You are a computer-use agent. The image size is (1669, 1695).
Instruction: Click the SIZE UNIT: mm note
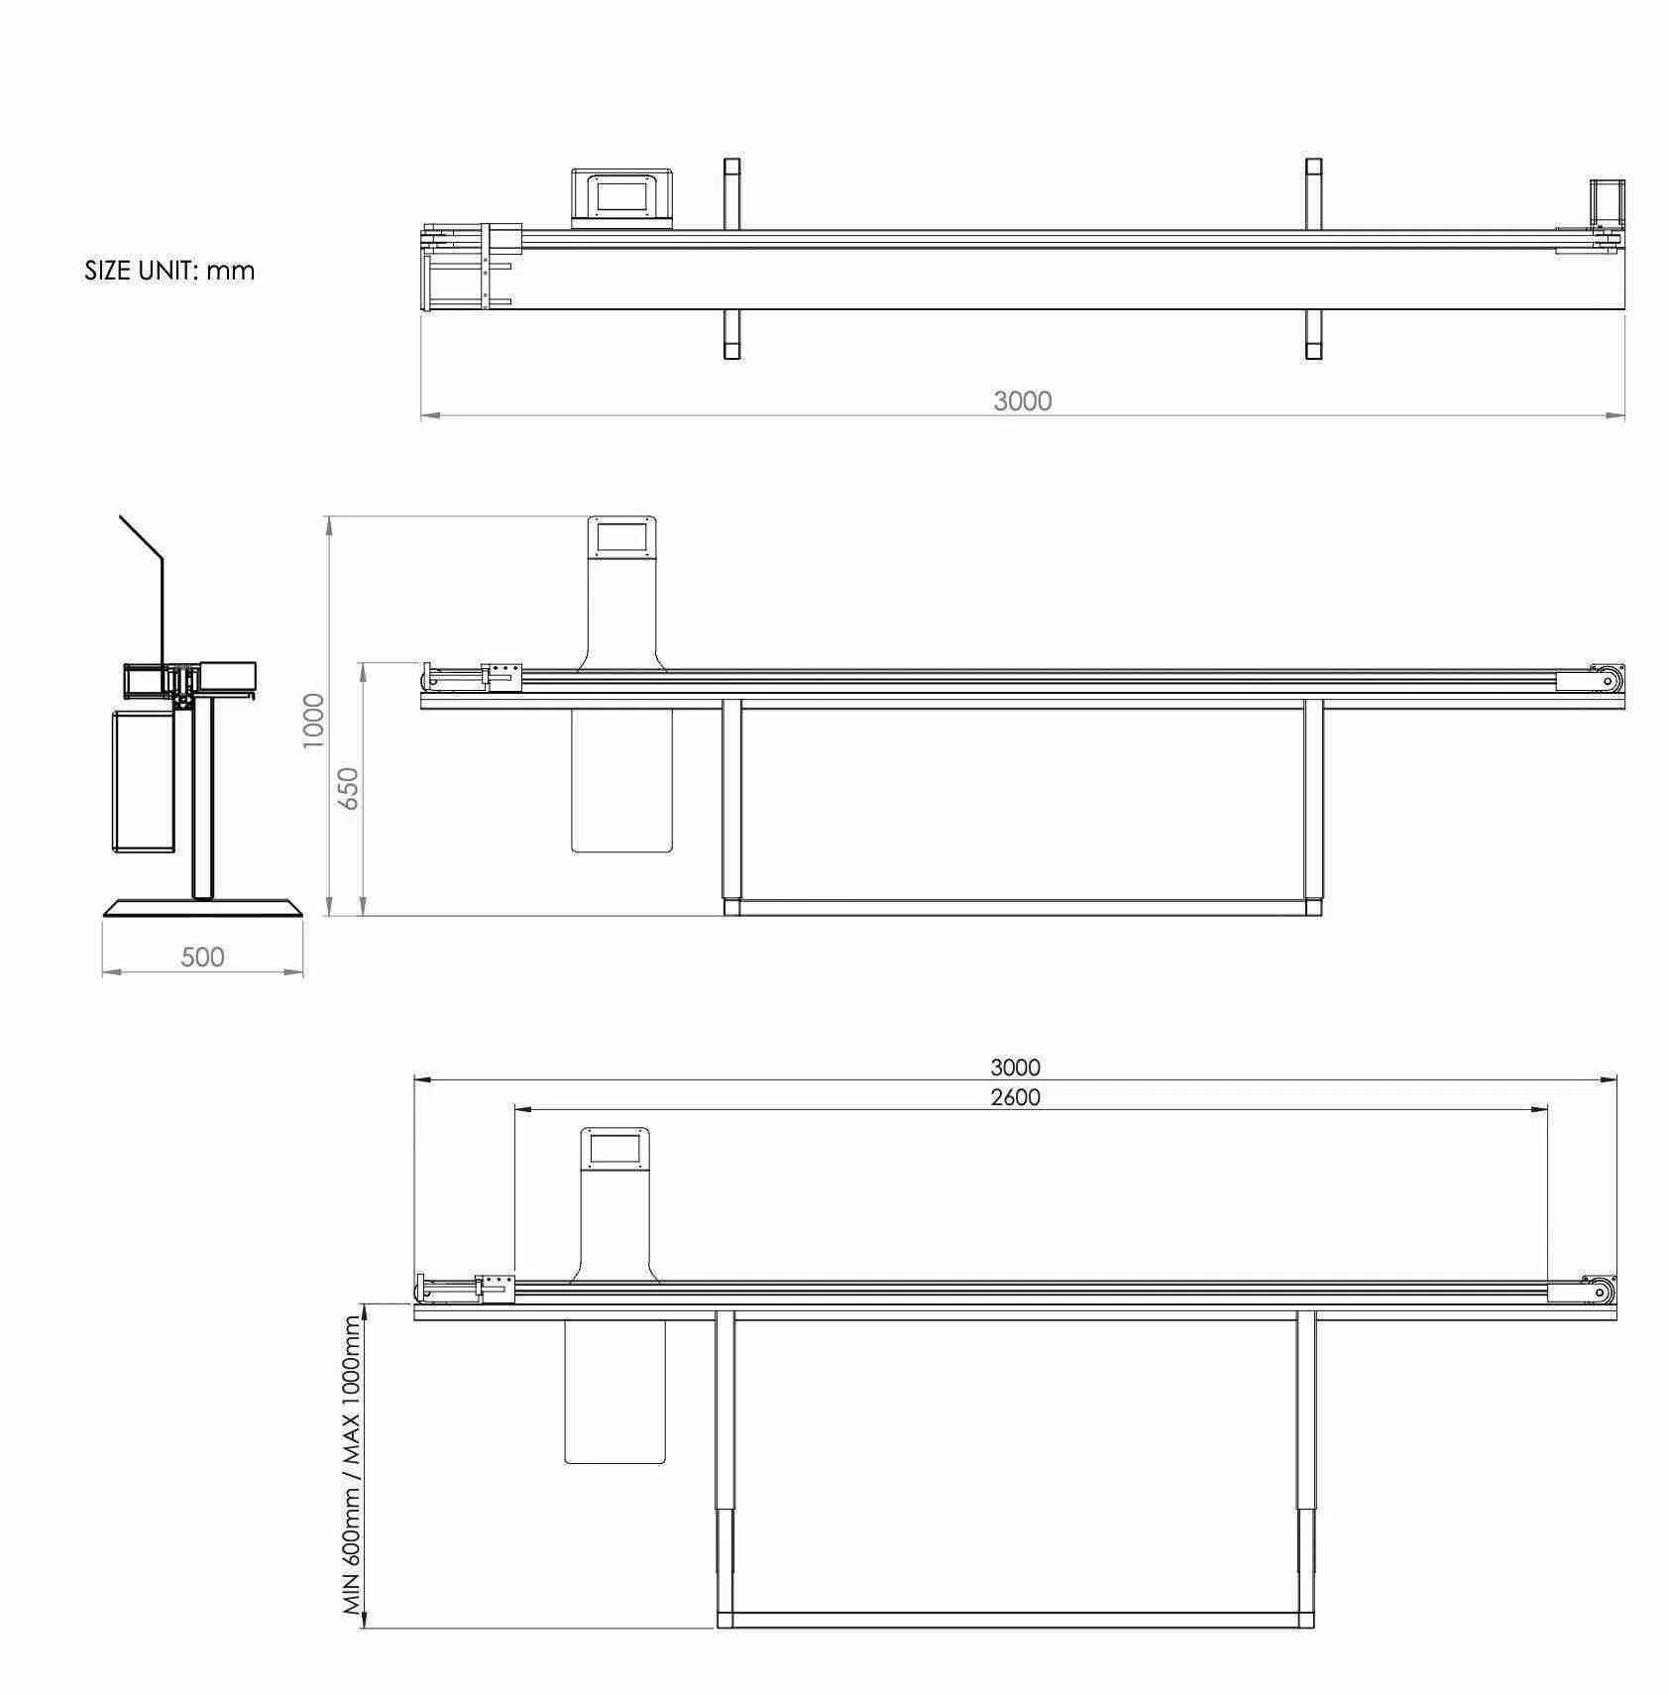coord(169,271)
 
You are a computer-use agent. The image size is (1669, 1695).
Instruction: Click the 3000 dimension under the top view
coord(1023,401)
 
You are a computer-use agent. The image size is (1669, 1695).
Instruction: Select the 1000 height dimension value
coord(313,721)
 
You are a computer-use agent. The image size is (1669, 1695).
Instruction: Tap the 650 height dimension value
coord(348,789)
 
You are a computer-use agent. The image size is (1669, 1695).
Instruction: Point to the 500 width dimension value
coord(203,958)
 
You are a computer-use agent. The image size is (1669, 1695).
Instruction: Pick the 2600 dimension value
coord(1016,1097)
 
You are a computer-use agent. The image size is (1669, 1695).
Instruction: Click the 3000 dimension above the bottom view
coord(1016,1068)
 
